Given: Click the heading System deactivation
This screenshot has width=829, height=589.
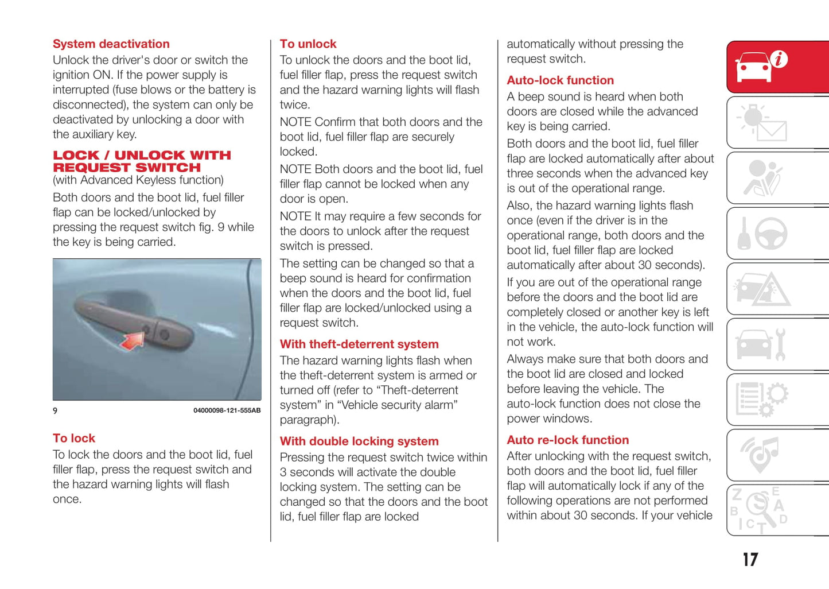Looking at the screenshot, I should [111, 44].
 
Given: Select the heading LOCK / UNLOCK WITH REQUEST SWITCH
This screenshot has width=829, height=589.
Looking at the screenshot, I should [141, 161].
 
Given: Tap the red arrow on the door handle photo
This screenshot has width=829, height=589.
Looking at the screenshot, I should [133, 340].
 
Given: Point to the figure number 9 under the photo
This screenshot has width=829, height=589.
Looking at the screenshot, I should [55, 410].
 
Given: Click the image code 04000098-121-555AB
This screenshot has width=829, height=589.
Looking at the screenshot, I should [227, 410].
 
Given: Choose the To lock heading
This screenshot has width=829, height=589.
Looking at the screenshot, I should [74, 439].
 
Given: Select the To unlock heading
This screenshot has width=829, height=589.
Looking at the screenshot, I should [308, 44].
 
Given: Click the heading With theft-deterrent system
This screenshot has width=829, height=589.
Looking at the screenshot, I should [359, 344].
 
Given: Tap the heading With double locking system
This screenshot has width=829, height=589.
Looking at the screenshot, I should [359, 441].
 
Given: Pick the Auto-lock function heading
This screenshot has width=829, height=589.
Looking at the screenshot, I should [560, 80].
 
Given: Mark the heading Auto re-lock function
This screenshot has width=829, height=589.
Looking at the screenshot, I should [567, 440].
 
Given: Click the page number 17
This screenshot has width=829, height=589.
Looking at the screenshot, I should [750, 560].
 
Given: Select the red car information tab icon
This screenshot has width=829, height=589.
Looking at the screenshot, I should [762, 67].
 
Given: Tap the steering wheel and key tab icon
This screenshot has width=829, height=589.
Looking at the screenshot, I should [762, 234].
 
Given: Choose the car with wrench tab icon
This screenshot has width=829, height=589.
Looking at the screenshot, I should [761, 344].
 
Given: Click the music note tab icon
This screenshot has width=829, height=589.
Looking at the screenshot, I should [760, 455].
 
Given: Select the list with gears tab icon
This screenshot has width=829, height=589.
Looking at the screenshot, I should [762, 400].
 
